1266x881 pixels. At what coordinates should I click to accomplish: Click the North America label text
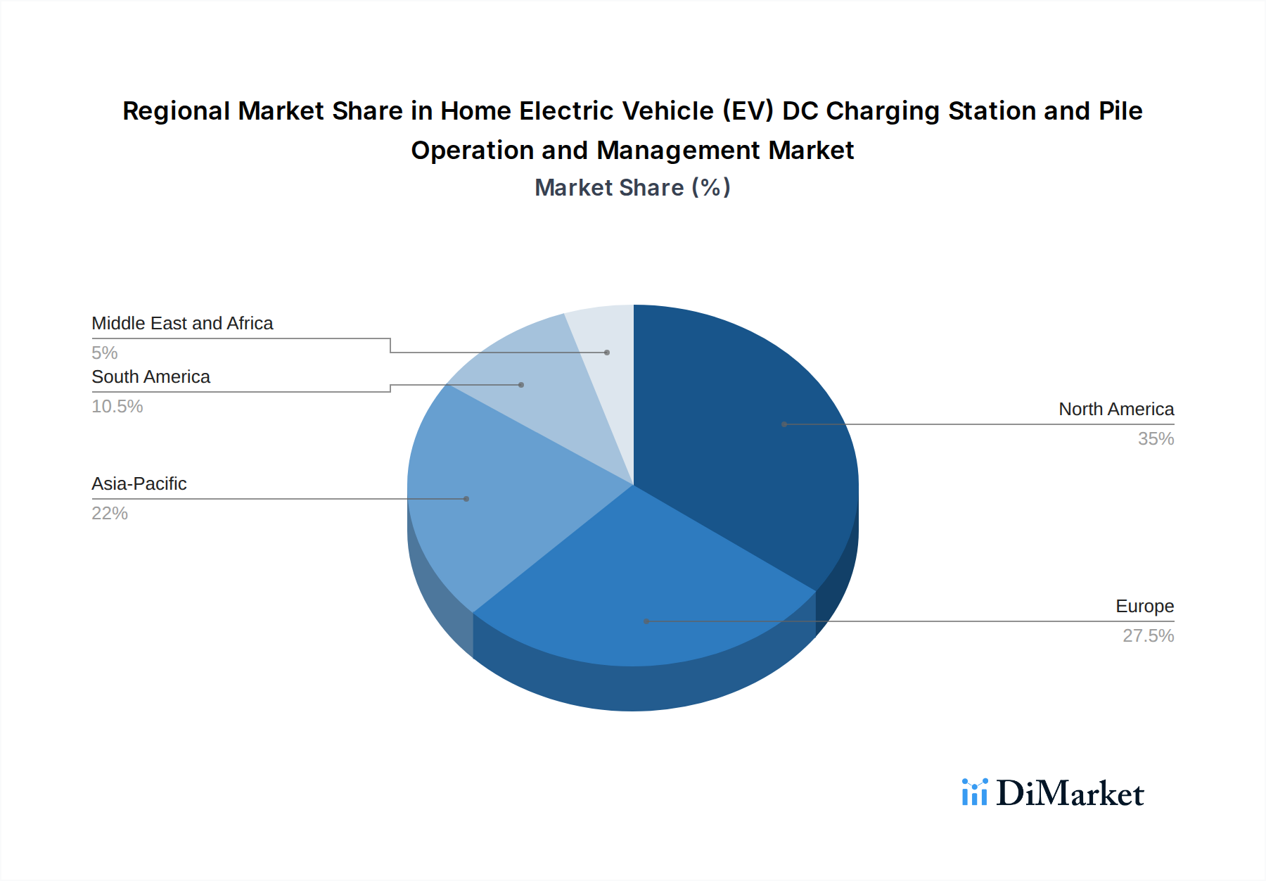1116,410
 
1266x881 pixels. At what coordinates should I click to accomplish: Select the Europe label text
1144,607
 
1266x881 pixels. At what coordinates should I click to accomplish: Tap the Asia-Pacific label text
139,484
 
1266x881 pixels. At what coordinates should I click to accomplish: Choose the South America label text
151,377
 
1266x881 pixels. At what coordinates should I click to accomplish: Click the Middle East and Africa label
182,324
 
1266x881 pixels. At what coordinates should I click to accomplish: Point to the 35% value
1156,439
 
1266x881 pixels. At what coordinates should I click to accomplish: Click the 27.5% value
1148,636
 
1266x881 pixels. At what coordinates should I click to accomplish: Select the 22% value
110,514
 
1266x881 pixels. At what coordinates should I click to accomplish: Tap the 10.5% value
117,407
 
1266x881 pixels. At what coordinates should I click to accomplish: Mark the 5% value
105,353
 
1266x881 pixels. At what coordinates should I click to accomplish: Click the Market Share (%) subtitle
632,188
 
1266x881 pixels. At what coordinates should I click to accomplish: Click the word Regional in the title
176,111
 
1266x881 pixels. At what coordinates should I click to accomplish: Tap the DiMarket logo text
1070,794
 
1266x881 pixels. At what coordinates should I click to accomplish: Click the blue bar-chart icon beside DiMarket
975,792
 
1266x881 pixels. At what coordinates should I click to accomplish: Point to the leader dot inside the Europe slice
647,621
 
